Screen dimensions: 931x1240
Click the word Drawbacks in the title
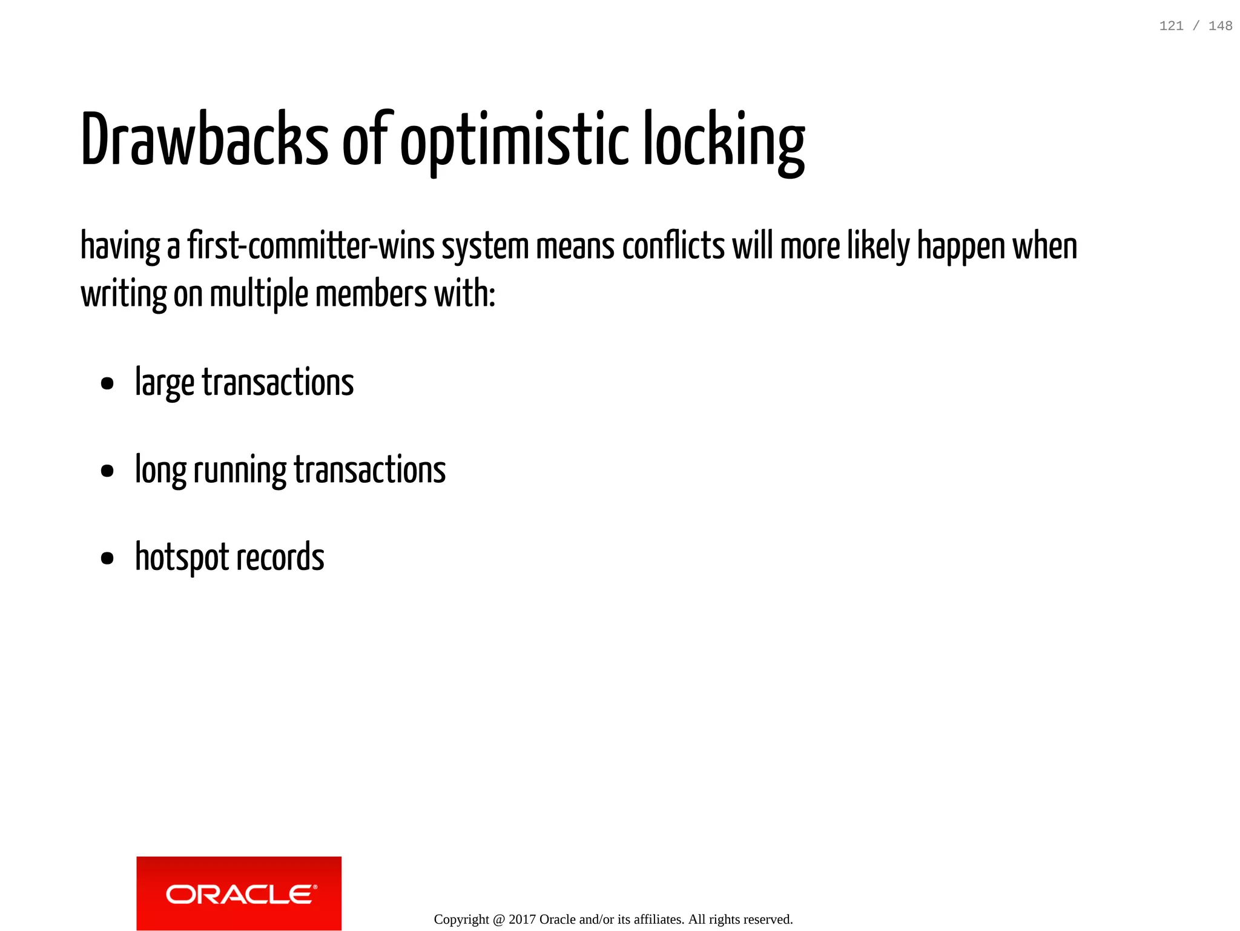tap(204, 139)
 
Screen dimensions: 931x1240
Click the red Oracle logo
tap(239, 893)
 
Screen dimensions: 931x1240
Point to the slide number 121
tap(1171, 26)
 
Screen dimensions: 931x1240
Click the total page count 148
tap(1220, 26)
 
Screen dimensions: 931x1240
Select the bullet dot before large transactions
tap(107, 383)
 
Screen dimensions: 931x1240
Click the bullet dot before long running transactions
tap(107, 471)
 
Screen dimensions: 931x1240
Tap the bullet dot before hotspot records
tap(107, 558)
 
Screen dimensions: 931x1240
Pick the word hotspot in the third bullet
tap(182, 557)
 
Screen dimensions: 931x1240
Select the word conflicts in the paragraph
tap(673, 247)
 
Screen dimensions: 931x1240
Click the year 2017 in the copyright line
tap(522, 919)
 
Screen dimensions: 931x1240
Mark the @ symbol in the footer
tap(498, 919)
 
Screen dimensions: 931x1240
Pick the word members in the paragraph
tap(371, 294)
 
